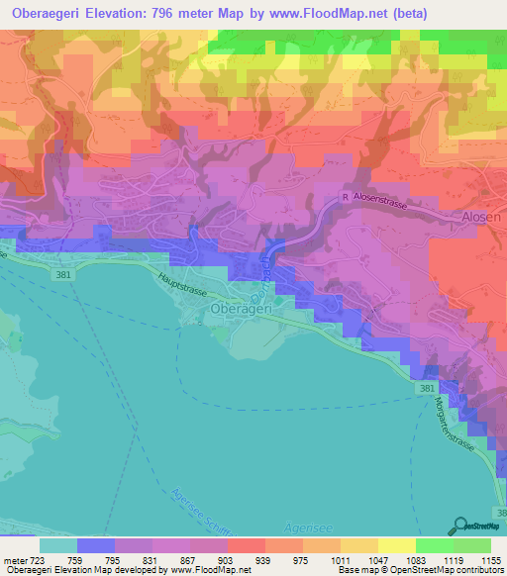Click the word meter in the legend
(13, 560)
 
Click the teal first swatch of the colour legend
(57, 545)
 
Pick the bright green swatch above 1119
(434, 545)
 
